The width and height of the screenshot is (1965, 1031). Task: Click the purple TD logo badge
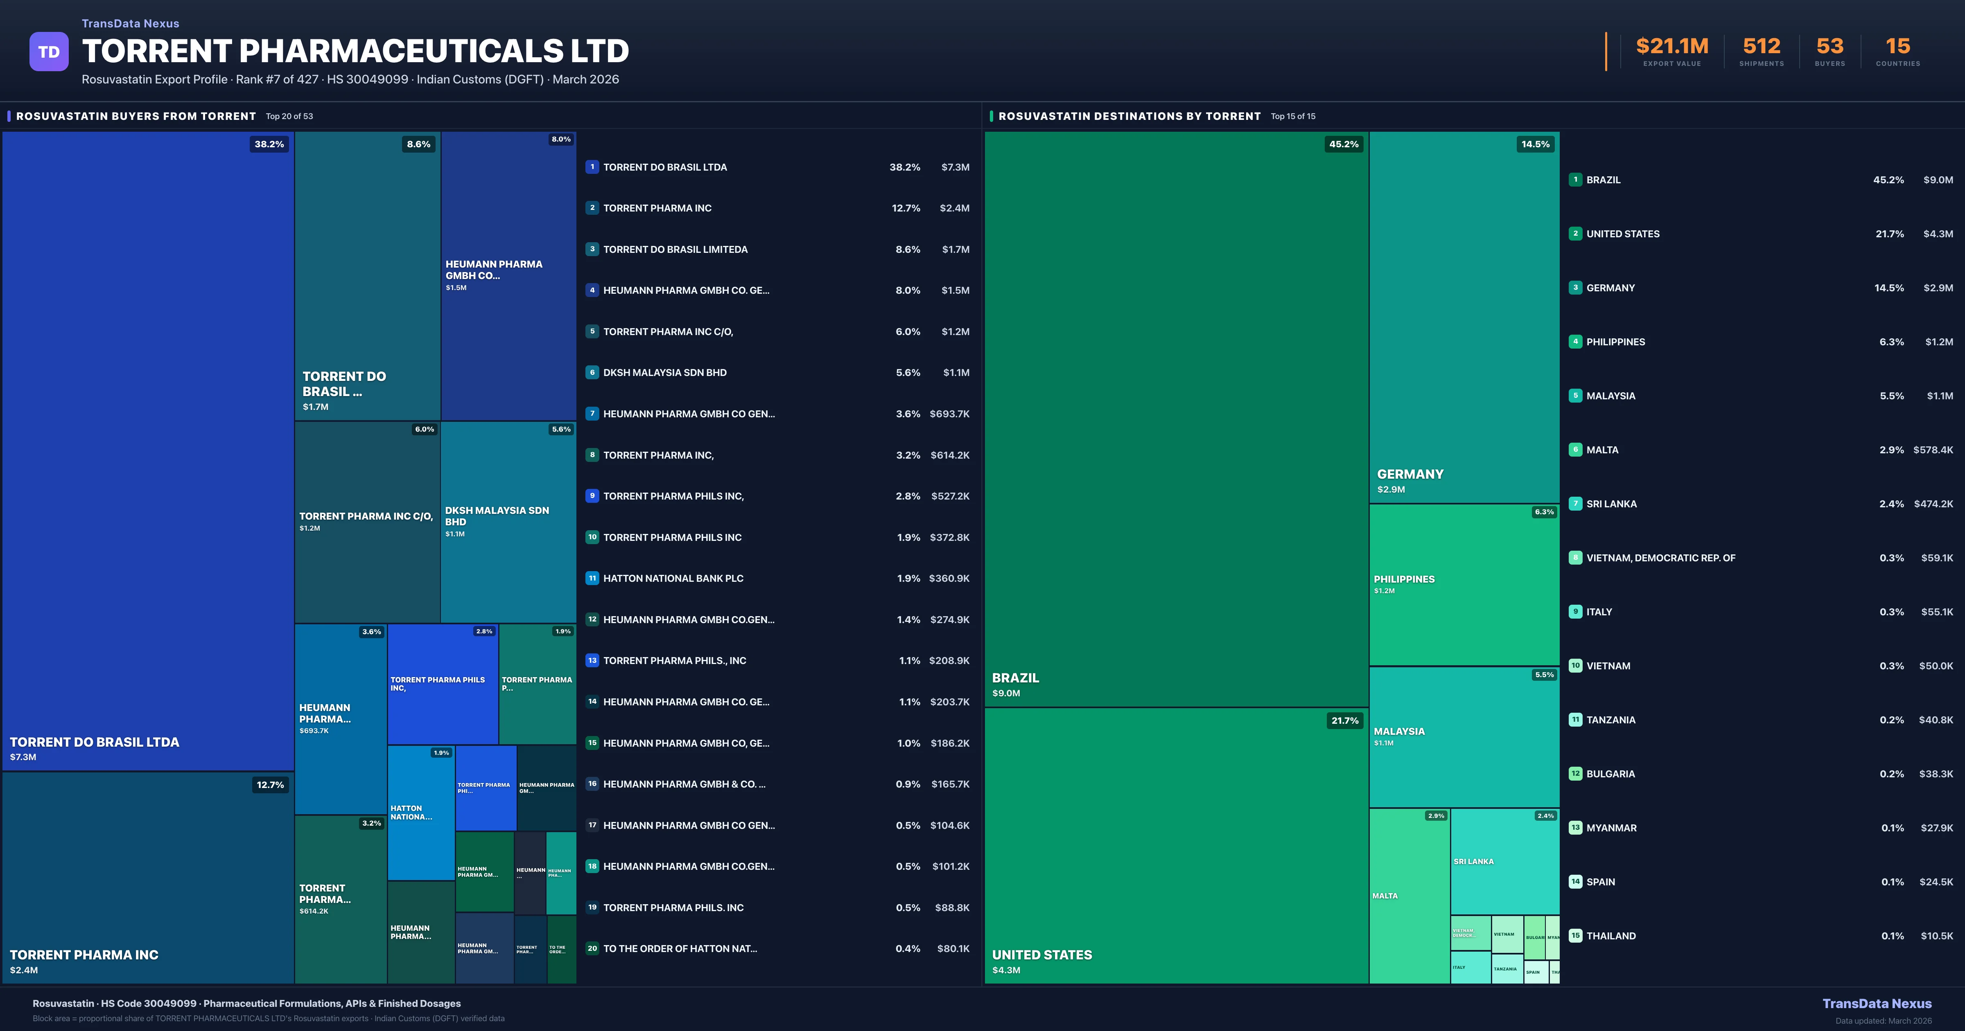coord(49,52)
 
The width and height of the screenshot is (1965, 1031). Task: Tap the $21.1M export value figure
coord(1671,47)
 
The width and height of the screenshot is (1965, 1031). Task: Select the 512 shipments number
coord(1761,47)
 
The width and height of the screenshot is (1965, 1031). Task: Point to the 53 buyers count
coord(1829,47)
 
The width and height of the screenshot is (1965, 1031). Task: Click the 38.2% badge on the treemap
coord(269,144)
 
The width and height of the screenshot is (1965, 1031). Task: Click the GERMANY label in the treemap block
coord(1409,474)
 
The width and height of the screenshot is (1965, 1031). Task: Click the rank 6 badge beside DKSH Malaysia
coord(592,373)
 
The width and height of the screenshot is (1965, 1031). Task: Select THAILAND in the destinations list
coord(1610,936)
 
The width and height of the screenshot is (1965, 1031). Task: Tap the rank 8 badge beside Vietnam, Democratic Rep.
coord(1575,558)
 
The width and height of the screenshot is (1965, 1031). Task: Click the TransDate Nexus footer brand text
coord(1877,1004)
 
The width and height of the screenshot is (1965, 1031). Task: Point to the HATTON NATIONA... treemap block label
coord(411,812)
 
